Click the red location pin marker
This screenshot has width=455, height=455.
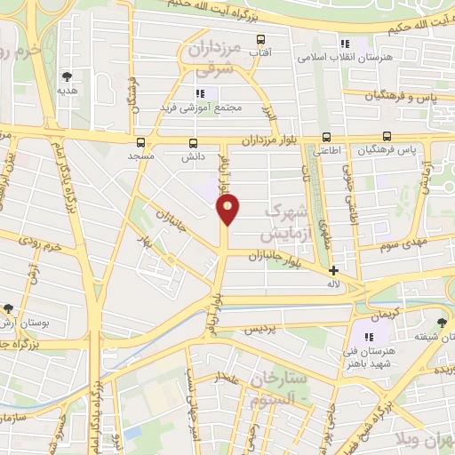pyautogui.click(x=228, y=209)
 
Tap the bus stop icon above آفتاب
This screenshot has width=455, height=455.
pyautogui.click(x=260, y=39)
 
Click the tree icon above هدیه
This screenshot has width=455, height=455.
pyautogui.click(x=68, y=76)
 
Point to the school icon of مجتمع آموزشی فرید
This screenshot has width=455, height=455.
pyautogui.click(x=200, y=92)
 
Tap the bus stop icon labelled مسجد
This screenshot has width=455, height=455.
pyautogui.click(x=140, y=142)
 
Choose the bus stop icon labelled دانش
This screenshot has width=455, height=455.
pyautogui.click(x=193, y=142)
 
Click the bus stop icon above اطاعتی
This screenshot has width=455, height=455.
pyautogui.click(x=327, y=137)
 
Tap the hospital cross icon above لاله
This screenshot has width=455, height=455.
pyautogui.click(x=333, y=270)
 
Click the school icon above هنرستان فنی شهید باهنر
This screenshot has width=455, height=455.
pyautogui.click(x=369, y=337)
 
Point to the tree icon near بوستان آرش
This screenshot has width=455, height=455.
pyautogui.click(x=8, y=308)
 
